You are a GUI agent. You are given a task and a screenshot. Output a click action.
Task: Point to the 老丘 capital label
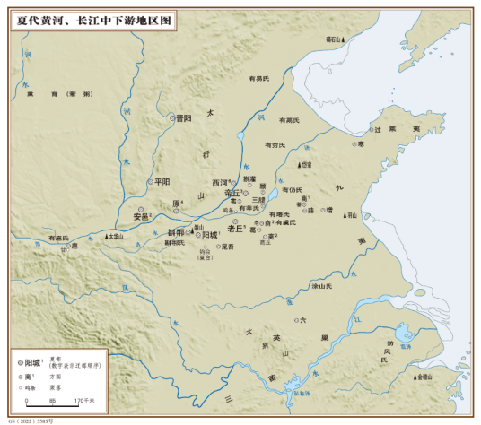tap(238, 230)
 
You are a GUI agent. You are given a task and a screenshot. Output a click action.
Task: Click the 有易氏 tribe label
tap(260, 79)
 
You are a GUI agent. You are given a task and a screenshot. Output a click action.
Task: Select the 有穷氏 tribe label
tap(273, 144)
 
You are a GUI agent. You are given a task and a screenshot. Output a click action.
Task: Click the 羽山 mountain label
tap(353, 215)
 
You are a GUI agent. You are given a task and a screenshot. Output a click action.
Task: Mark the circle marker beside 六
tap(296, 319)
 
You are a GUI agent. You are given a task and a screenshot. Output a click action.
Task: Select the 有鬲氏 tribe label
tap(287, 119)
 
